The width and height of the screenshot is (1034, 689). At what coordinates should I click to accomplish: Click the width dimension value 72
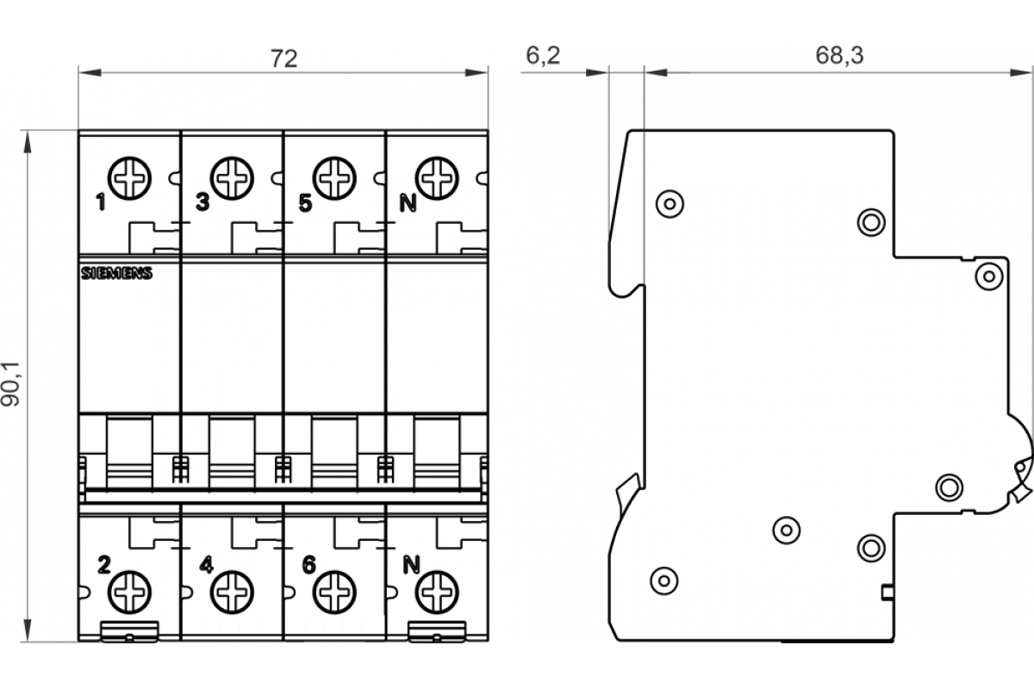pos(283,59)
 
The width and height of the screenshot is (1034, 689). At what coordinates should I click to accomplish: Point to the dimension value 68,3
pos(839,56)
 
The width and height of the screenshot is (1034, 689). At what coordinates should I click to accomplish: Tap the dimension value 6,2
pos(542,56)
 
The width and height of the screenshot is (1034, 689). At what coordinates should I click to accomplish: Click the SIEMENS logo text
pos(116,274)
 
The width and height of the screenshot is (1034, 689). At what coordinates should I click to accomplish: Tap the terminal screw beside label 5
pos(334,178)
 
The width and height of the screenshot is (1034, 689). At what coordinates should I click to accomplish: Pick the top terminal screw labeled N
pos(436,178)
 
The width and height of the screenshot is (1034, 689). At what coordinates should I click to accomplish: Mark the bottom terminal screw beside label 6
pos(334,592)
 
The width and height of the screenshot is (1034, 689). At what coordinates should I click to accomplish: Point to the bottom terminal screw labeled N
pos(436,592)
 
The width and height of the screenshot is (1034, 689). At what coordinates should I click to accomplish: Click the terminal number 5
pos(305,204)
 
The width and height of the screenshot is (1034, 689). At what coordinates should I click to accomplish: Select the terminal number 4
pos(205,566)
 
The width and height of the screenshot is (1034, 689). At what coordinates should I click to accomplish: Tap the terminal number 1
pos(101,204)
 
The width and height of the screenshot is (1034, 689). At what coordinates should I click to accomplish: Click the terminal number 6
pos(308,566)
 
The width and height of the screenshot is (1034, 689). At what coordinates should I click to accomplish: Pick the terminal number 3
pos(202,204)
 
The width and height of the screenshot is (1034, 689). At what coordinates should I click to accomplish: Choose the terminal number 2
pos(103,566)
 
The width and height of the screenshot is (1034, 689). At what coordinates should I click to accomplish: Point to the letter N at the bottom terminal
pos(410,566)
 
